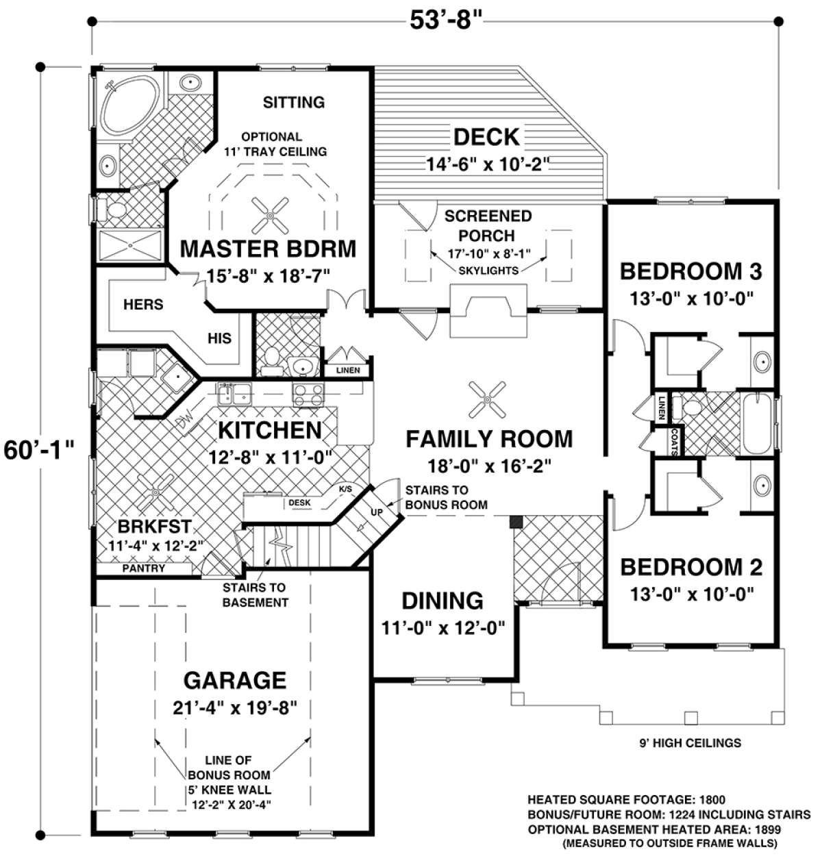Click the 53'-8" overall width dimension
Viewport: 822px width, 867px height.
(446, 21)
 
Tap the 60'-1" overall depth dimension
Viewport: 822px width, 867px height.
(38, 450)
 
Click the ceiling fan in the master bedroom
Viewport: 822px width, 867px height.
(270, 216)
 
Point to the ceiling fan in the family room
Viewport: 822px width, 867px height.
(487, 399)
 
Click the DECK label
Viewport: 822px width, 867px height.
(486, 137)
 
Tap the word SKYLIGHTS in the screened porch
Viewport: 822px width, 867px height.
(488, 271)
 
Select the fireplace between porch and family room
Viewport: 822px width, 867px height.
(488, 311)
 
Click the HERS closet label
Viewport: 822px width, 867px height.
(143, 304)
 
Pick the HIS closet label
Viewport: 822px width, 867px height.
(219, 338)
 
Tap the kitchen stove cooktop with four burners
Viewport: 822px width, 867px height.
(308, 394)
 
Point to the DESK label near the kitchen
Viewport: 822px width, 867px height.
(299, 502)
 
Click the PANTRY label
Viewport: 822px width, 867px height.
(143, 568)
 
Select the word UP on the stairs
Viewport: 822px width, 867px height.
(376, 512)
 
